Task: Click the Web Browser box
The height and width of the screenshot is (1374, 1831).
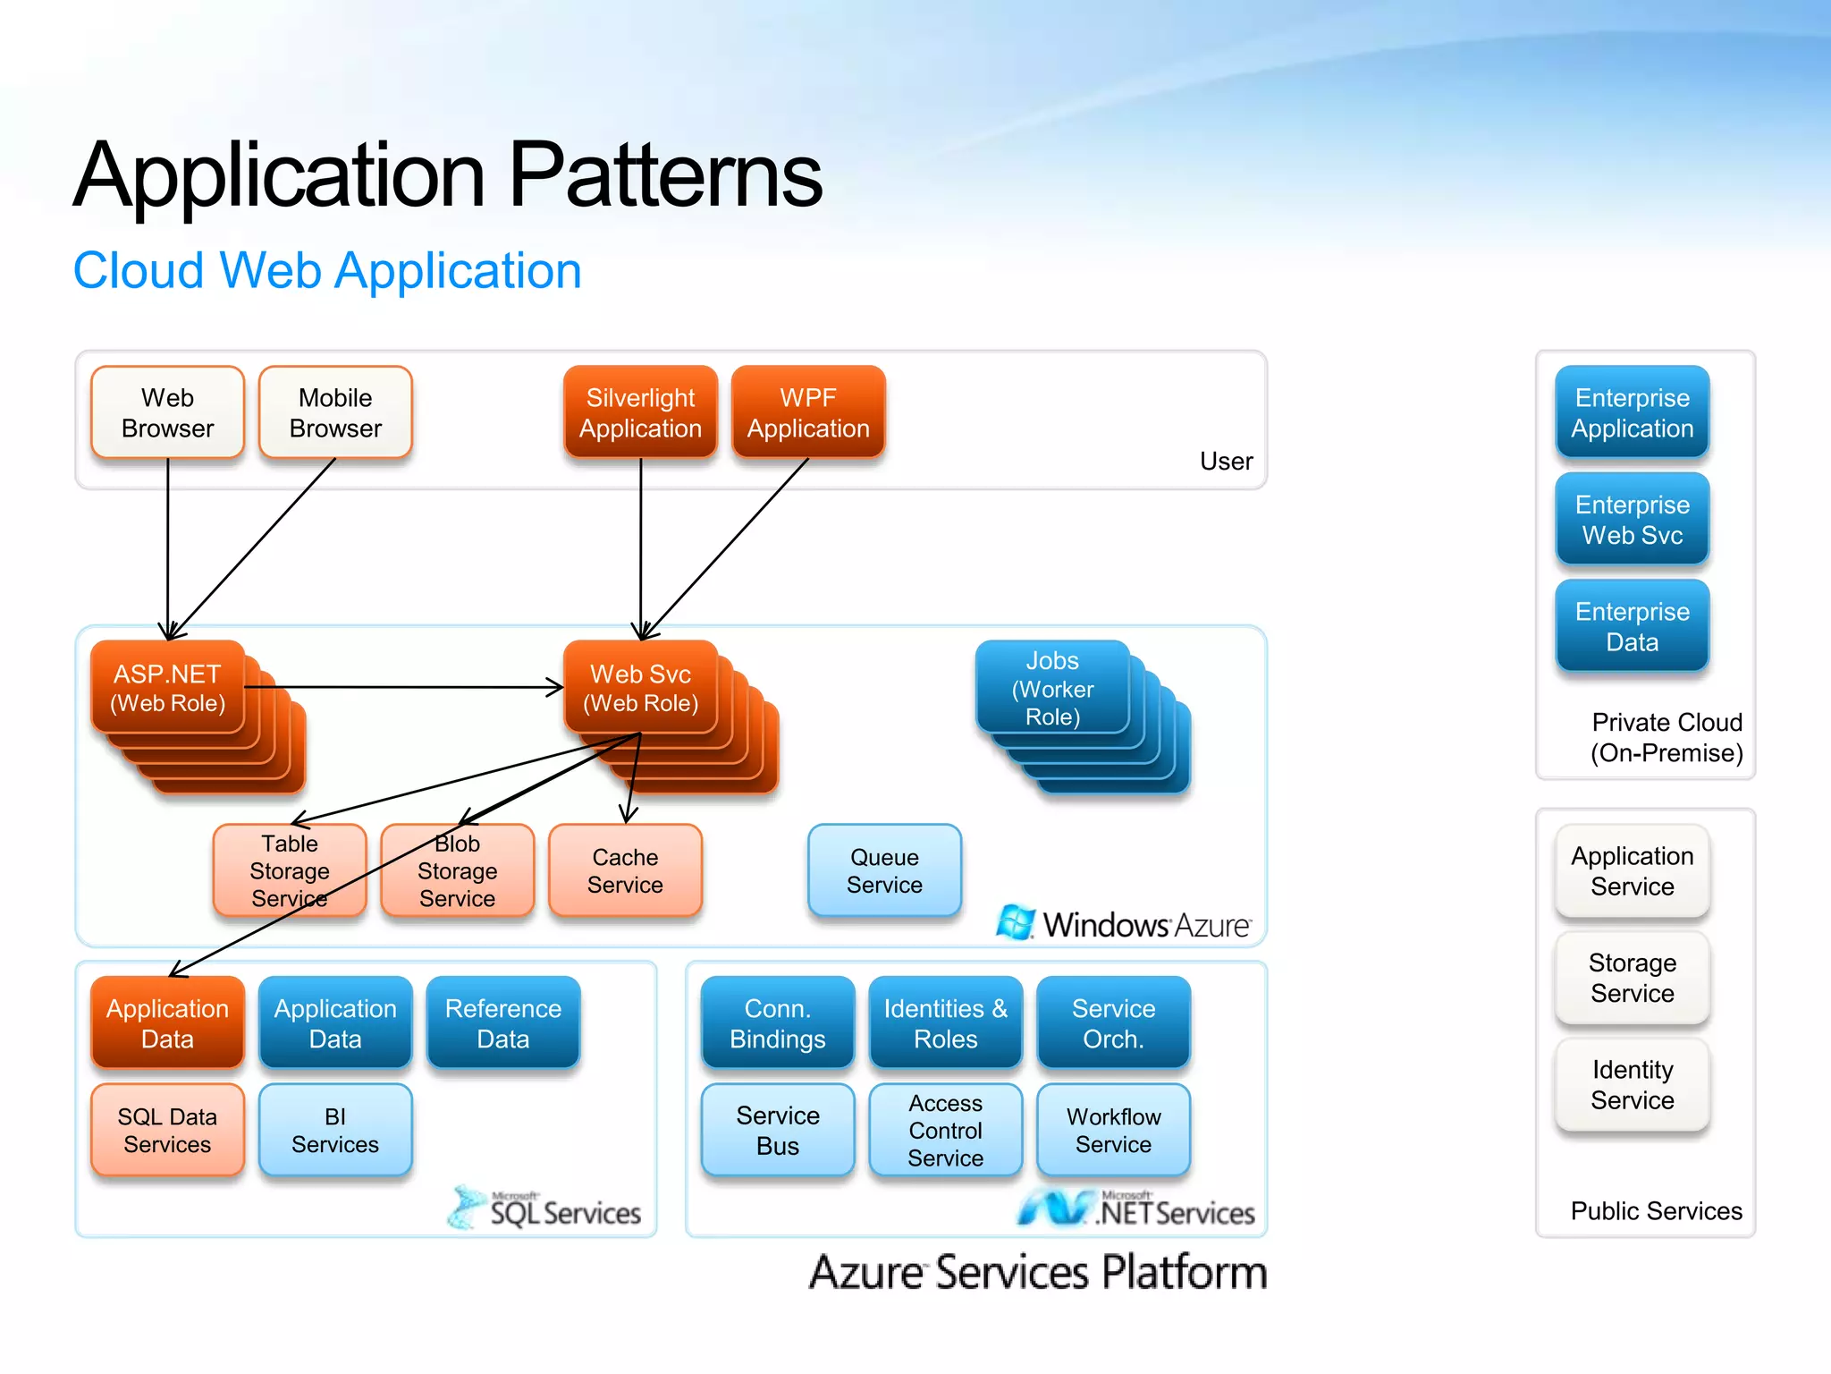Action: tap(167, 412)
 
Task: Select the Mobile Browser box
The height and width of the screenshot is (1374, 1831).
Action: tap(335, 412)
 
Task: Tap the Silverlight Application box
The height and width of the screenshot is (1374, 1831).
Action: tap(640, 412)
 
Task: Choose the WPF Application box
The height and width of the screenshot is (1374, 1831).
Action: tap(808, 412)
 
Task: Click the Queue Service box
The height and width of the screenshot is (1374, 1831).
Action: tap(884, 870)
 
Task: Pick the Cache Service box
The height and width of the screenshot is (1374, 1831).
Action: tap(625, 870)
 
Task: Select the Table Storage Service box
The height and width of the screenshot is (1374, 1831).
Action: tap(289, 870)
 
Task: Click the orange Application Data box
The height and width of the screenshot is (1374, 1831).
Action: tap(167, 1022)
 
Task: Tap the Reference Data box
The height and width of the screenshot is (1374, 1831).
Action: tap(503, 1022)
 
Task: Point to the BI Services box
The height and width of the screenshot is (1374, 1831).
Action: tap(335, 1130)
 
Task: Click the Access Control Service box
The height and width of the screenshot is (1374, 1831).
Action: tap(945, 1130)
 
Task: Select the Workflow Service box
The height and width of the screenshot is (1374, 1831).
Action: tap(1113, 1130)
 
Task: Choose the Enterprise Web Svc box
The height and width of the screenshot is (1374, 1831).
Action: tap(1632, 520)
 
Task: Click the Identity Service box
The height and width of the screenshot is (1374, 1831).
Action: tap(1632, 1084)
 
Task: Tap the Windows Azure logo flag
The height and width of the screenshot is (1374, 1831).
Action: tap(1016, 922)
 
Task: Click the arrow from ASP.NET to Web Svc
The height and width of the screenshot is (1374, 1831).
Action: tap(402, 687)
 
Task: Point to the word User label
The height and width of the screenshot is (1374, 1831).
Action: tap(1226, 462)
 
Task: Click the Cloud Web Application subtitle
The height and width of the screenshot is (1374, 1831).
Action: tap(327, 270)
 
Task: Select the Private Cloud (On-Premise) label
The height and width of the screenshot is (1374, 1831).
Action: tap(1666, 737)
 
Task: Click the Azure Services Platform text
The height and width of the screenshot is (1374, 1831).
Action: tap(1038, 1272)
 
